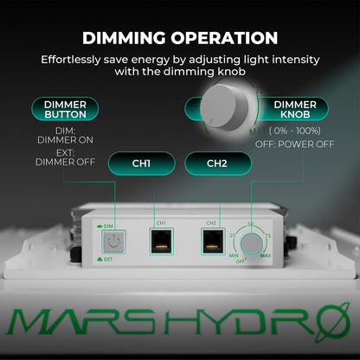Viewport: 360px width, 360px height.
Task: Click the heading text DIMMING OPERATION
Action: tap(180, 38)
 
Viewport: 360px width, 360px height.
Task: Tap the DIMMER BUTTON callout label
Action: tap(66, 110)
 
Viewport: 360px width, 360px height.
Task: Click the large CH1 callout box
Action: tap(142, 163)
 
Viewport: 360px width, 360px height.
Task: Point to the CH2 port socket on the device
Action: tap(210, 242)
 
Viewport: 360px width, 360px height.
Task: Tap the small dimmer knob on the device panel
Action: tap(252, 245)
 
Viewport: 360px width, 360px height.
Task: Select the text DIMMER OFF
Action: tap(66, 161)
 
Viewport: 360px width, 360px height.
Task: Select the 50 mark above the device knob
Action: tap(252, 225)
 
